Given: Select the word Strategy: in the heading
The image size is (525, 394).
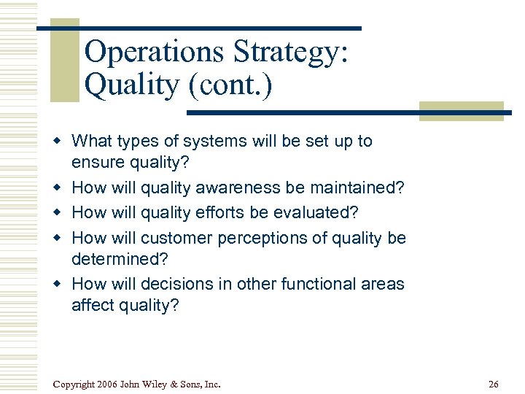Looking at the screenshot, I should click(292, 53).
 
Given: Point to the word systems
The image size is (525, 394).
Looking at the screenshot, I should click(209, 141).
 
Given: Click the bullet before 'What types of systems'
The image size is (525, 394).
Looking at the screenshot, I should click(62, 142).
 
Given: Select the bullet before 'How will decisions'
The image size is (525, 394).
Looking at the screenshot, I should click(62, 285).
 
